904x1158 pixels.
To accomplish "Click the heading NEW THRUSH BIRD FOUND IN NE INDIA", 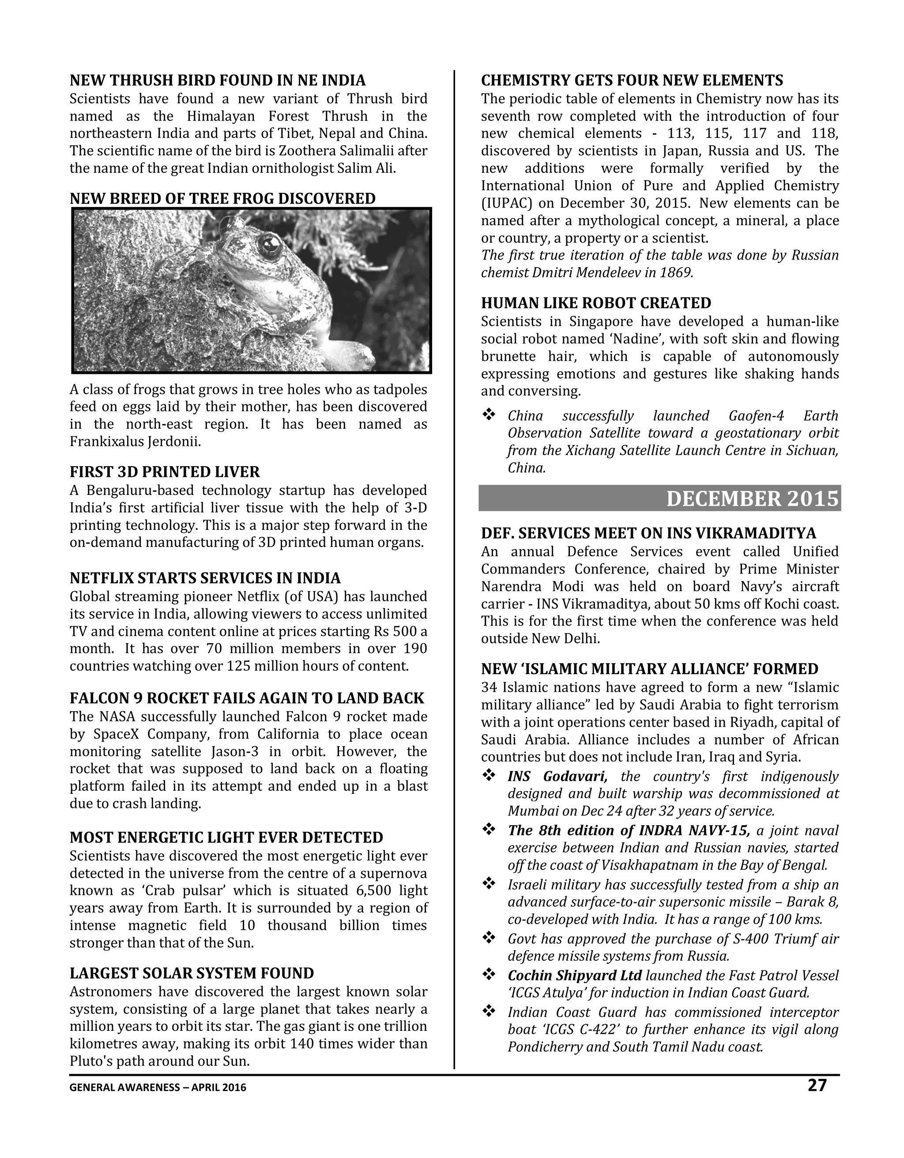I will click(x=217, y=81).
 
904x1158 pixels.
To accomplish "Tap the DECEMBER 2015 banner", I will click(x=752, y=499).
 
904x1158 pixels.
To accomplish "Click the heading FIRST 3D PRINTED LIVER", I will click(x=164, y=472).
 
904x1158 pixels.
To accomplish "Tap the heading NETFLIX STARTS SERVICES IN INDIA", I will click(x=205, y=578).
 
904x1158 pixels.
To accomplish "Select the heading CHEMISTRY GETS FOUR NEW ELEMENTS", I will click(x=632, y=81).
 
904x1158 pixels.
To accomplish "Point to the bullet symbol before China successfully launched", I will click(x=488, y=415).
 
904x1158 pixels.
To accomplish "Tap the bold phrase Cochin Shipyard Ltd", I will click(x=574, y=976).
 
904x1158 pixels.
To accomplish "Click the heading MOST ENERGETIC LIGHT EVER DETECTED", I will click(x=226, y=838).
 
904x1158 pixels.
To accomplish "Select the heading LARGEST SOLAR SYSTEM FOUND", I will click(x=192, y=973).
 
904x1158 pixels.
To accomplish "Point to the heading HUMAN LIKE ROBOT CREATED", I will click(x=595, y=303).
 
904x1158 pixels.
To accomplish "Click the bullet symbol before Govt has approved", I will click(x=488, y=939).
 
